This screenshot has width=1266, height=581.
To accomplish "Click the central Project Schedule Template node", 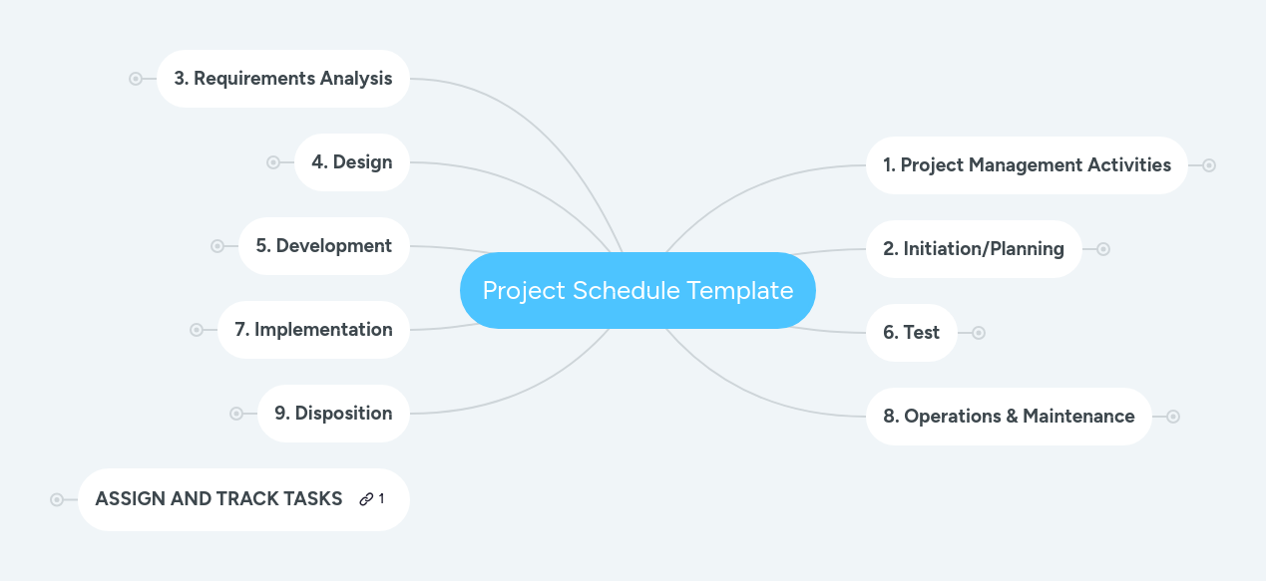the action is point(637,290).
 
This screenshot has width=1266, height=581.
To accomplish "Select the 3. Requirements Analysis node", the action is point(283,79).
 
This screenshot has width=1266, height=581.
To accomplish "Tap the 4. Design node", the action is point(352,162).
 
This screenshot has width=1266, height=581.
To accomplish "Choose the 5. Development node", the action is point(324,245).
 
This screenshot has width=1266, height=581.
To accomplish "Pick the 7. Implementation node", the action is point(313,329).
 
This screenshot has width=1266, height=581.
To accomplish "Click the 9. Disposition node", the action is point(333,414).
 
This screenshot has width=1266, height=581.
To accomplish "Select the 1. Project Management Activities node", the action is point(1027,164).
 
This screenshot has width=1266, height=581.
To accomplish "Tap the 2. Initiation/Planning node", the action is point(974,248).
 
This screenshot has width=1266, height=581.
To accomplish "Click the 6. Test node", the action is point(912,332).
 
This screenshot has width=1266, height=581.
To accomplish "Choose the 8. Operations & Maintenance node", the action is point(1009,417).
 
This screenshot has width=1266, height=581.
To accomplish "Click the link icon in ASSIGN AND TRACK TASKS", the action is point(366,499).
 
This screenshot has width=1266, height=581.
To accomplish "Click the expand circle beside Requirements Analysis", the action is point(136,79).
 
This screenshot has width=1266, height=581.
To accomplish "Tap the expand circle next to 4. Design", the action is point(273,162).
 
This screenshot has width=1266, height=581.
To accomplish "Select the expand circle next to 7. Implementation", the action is point(197,330).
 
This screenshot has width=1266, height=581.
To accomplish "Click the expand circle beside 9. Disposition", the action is point(236,414).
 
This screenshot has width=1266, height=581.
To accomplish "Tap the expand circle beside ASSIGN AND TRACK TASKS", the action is point(57,499).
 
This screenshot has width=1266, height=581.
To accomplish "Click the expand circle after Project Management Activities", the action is point(1209,165).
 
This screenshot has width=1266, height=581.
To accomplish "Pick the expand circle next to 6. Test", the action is point(979,333).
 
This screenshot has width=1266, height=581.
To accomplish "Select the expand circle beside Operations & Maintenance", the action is point(1173,417).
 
